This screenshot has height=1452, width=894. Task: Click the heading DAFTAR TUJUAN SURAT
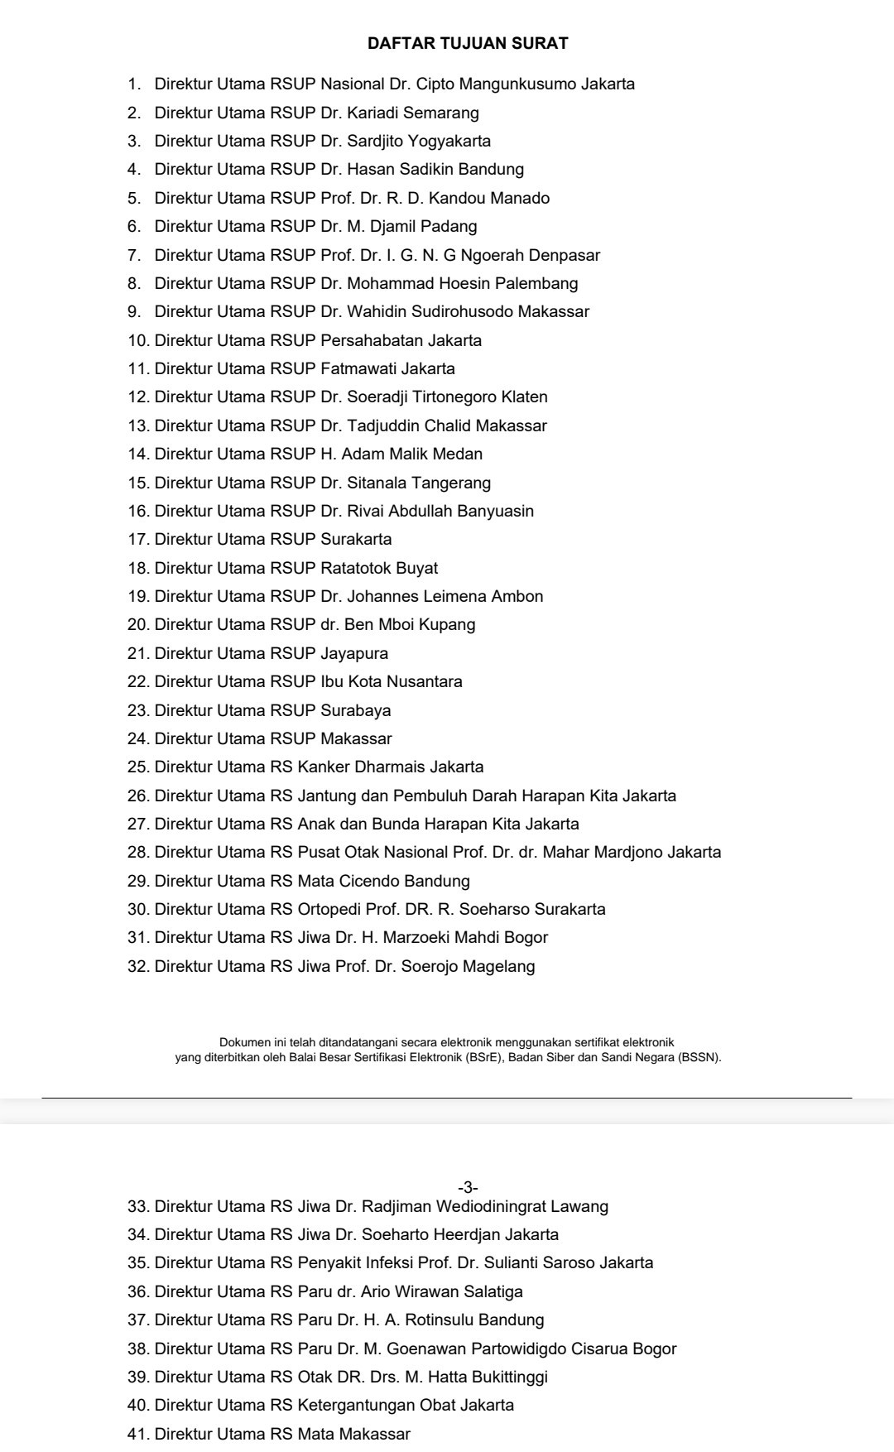tap(468, 43)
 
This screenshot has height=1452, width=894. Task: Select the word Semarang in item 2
tap(441, 113)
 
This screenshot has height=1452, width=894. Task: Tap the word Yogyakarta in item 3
tap(449, 141)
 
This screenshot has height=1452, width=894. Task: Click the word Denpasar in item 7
tap(565, 255)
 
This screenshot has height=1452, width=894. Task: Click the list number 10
tap(138, 340)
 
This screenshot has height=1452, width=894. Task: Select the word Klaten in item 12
tap(525, 397)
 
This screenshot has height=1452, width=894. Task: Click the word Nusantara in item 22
tap(425, 681)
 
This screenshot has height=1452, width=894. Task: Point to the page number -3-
tap(468, 1188)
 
